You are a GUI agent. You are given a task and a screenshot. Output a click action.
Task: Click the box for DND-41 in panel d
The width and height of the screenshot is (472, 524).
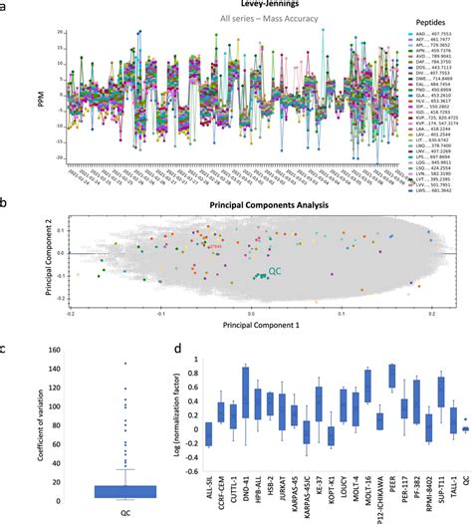pos(246,392)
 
